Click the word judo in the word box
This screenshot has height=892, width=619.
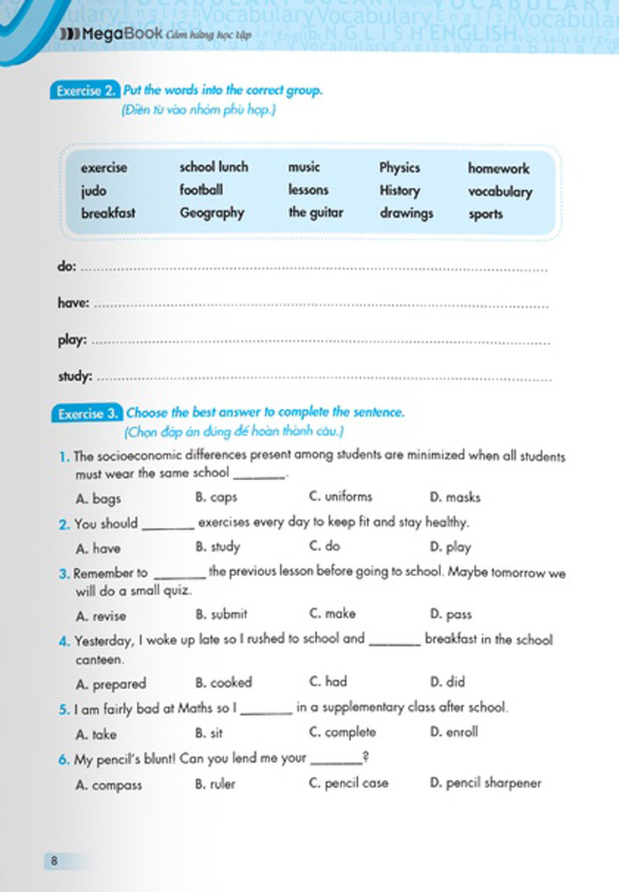[x=94, y=191]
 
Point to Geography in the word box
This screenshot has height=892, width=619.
[x=211, y=213]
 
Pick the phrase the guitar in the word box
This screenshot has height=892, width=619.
[x=315, y=213]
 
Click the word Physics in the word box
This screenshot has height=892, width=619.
[x=400, y=168]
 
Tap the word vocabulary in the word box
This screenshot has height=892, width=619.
[x=500, y=192]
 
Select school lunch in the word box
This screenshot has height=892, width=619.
[x=214, y=167]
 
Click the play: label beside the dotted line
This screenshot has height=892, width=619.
[x=72, y=341]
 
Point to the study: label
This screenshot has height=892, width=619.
[x=75, y=377]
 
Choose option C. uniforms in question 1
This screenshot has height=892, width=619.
[x=340, y=497]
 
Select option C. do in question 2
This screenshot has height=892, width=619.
[x=324, y=547]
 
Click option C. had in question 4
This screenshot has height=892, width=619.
[x=327, y=682]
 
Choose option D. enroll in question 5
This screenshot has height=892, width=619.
[x=454, y=732]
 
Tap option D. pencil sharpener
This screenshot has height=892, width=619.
[x=485, y=783]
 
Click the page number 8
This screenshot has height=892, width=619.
[x=54, y=862]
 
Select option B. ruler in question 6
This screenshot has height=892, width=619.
[x=215, y=783]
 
